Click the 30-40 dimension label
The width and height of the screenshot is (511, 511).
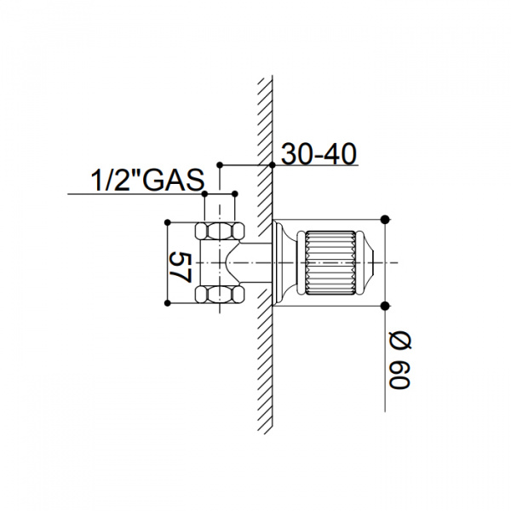click(319, 154)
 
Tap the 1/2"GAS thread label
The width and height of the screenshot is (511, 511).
click(147, 180)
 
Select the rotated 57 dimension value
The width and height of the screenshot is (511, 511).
click(180, 267)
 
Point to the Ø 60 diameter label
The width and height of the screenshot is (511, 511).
click(400, 361)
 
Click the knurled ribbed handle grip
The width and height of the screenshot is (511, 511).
click(330, 262)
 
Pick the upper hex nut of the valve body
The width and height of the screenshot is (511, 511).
click(220, 231)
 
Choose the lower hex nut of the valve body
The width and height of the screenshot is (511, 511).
click(220, 295)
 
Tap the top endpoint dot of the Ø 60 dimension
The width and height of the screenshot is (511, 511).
click(385, 220)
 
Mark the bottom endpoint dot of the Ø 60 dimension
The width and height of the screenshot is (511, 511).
click(385, 306)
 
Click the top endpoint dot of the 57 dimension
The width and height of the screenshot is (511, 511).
click(168, 222)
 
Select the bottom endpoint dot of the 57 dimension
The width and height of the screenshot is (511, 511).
click(168, 303)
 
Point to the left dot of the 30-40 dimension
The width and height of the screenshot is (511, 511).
click(220, 165)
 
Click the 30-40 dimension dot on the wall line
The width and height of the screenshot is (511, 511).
click(273, 165)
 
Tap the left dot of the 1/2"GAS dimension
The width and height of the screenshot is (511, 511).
click(204, 194)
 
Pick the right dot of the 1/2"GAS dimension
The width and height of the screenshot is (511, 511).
click(235, 194)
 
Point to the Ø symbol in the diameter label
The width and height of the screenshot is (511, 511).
click(400, 342)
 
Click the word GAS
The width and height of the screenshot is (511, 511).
click(174, 180)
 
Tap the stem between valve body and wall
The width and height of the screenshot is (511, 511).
click(256, 262)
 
